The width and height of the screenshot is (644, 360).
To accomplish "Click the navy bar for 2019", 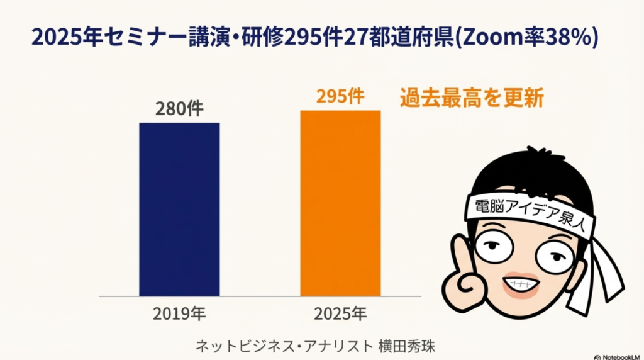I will point(179,209).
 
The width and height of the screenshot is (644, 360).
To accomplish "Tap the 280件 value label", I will point(179,109).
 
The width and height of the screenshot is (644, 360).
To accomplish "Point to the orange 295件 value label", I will point(340,97).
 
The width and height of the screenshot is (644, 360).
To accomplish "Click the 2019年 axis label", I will point(179,313).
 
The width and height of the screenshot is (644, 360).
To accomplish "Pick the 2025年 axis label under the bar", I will point(340,313).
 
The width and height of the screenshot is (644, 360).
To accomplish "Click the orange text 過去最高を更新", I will point(472,99).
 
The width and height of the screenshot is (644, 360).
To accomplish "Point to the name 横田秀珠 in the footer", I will point(408,346).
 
